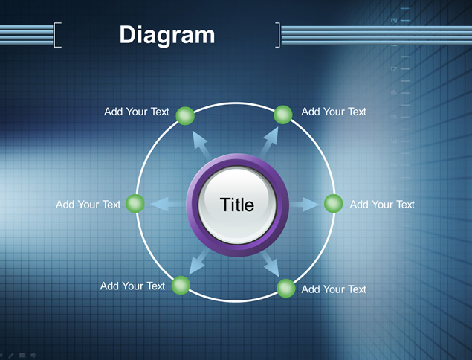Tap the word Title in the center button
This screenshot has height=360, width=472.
click(237, 205)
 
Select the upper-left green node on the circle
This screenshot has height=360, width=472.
click(185, 116)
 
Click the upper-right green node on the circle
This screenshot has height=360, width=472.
click(283, 115)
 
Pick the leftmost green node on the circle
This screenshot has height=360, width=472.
click(135, 204)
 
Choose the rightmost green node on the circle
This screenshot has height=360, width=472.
click(334, 204)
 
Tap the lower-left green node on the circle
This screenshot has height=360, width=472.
click(181, 286)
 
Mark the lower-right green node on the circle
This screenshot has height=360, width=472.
click(286, 289)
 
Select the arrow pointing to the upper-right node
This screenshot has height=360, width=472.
click(269, 142)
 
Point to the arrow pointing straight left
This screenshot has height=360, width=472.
click(168, 204)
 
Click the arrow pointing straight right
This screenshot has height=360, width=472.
click(304, 205)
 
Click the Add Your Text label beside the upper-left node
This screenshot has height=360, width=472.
click(137, 112)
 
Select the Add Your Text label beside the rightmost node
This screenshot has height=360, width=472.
click(382, 205)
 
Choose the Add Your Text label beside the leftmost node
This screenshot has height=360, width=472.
click(88, 205)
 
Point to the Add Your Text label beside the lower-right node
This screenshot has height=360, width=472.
click(334, 289)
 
